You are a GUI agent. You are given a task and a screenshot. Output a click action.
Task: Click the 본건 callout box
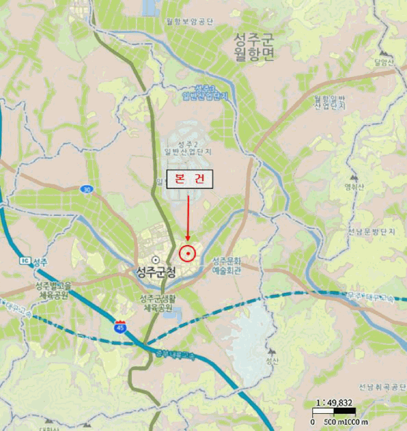[x=189, y=179]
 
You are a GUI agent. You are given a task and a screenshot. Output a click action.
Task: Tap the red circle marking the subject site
[x=187, y=253]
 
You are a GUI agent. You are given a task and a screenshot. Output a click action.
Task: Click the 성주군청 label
[x=156, y=272]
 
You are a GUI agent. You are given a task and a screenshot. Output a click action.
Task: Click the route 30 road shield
[x=86, y=190]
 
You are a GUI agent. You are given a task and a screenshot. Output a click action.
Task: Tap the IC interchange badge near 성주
[x=25, y=261]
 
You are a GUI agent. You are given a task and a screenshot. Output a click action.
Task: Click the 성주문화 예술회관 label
[x=226, y=265]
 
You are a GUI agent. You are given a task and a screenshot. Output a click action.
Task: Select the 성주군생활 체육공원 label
[x=156, y=303]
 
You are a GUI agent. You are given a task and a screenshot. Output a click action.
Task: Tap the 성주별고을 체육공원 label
[x=53, y=290]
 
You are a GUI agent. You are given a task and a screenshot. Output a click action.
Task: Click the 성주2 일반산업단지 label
[x=188, y=147]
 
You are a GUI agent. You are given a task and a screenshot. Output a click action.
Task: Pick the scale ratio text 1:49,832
[x=334, y=403]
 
